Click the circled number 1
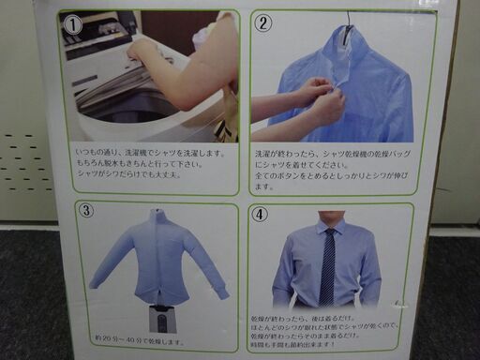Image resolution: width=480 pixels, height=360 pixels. coord(73,26)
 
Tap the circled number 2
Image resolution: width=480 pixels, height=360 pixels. coord(264,24)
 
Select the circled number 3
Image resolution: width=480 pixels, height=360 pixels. coord(86,210)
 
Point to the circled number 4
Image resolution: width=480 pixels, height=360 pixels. coord(260,214)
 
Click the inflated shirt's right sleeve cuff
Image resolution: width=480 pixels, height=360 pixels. coord(222,292)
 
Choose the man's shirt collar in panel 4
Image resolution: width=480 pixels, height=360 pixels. coord(329,227)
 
